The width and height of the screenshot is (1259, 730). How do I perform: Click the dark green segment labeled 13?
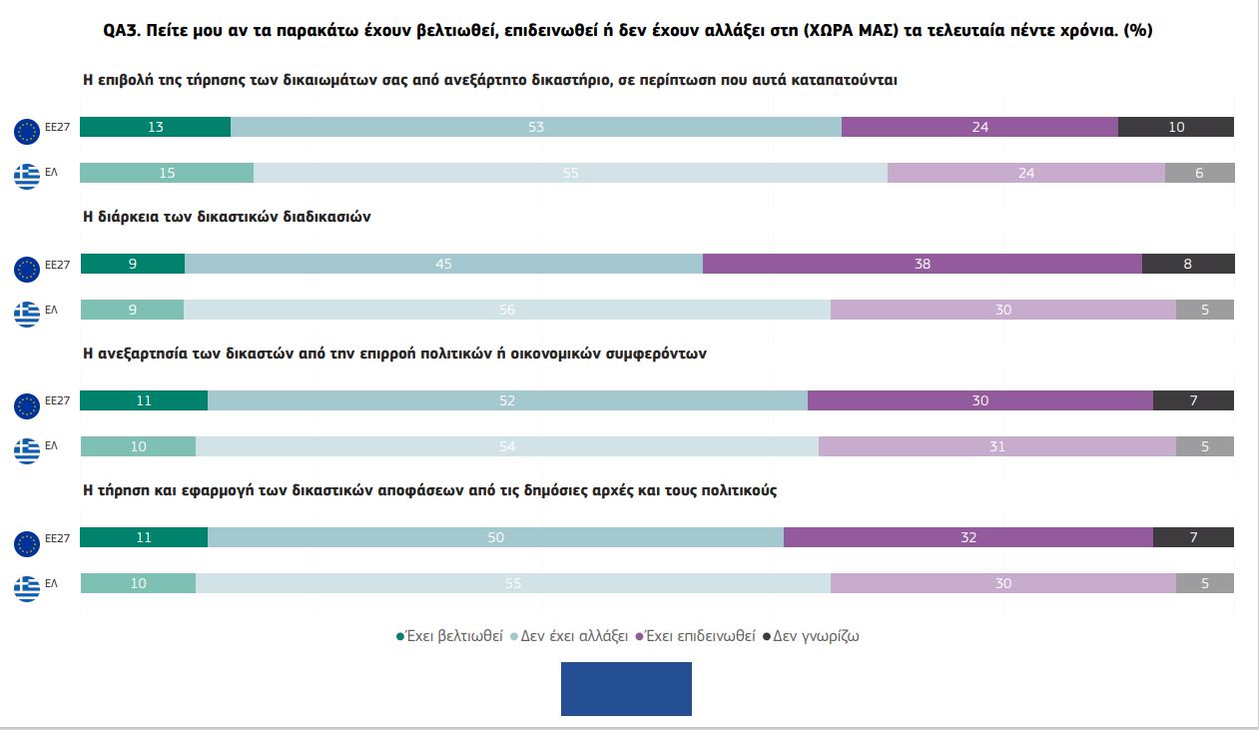coord(155,127)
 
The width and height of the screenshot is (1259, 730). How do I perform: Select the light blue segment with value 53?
coord(536,127)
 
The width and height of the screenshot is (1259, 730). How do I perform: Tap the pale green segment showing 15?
coord(167,173)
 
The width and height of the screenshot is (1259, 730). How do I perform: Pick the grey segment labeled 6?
coord(1199,173)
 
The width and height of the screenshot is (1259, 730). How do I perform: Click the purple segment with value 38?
coord(923,264)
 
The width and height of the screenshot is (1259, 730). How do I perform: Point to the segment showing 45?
coord(443,264)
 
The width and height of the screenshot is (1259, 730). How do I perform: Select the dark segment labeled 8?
coord(1187,264)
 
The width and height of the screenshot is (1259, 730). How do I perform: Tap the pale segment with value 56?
coord(507,310)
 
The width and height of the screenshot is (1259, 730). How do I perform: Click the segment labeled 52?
coord(507,400)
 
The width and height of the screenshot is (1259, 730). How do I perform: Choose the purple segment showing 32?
coord(968,537)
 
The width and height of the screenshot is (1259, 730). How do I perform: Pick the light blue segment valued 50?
coord(495,537)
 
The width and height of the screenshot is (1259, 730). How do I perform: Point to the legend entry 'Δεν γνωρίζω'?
coord(815,636)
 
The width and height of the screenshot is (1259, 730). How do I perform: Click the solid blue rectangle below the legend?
coord(626,689)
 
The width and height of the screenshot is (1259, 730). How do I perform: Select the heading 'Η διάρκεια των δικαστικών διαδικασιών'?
coord(227,216)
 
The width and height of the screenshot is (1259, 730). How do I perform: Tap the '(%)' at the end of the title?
coord(1138,30)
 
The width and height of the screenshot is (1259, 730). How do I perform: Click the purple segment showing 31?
coord(997,446)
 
